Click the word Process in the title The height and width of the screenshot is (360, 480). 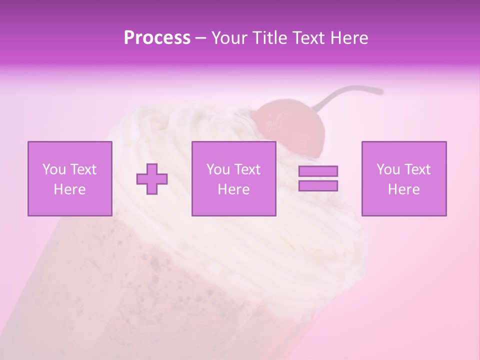coord(157,38)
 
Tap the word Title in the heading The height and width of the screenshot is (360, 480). coord(269,38)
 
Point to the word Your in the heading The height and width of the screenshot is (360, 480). coord(229,38)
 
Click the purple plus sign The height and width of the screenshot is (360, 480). coord(152,179)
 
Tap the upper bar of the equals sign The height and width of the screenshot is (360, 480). coord(318,171)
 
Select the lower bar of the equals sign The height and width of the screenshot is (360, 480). coord(318,186)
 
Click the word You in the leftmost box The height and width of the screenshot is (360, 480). coord(53,169)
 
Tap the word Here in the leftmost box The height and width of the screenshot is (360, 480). coord(69,189)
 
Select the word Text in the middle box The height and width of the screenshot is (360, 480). coord(247,169)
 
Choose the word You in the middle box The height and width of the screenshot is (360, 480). coord(218,169)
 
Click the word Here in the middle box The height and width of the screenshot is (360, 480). coord(233,189)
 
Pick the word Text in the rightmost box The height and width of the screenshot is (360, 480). coord(417,169)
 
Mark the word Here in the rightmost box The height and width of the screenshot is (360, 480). coord(403,189)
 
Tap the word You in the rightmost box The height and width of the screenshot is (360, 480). coord(388,169)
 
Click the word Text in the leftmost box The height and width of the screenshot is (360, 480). coord(83,169)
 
